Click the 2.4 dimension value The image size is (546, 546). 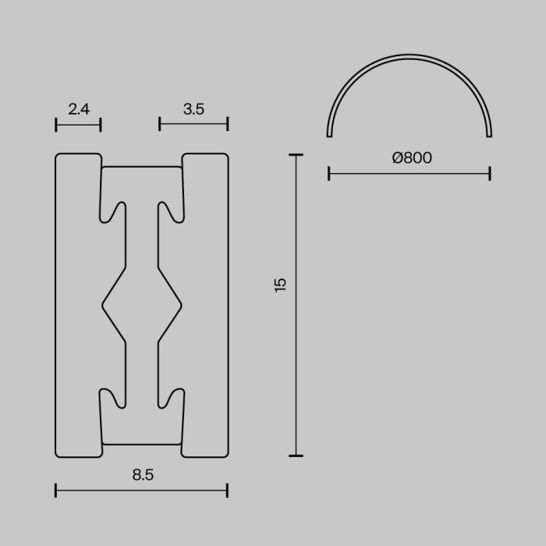79,109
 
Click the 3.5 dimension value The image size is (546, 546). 193,109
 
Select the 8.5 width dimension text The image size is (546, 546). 143,474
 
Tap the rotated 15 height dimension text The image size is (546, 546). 281,284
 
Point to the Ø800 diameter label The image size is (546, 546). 411,158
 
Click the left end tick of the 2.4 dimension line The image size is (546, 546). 56,124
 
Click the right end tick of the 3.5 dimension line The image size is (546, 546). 228,124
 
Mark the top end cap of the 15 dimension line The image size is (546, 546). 296,155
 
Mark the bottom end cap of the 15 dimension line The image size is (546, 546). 296,456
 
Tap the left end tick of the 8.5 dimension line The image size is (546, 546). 56,491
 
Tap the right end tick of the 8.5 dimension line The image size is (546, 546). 227,491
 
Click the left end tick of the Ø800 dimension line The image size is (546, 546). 329,173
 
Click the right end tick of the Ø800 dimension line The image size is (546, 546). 490,173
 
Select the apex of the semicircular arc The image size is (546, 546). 409,56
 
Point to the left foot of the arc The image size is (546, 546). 329,135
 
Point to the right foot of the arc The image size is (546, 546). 490,135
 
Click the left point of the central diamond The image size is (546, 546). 103,305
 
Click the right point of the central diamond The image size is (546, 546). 181,305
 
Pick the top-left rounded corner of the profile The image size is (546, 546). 58,157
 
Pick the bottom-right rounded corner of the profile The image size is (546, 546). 225,453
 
